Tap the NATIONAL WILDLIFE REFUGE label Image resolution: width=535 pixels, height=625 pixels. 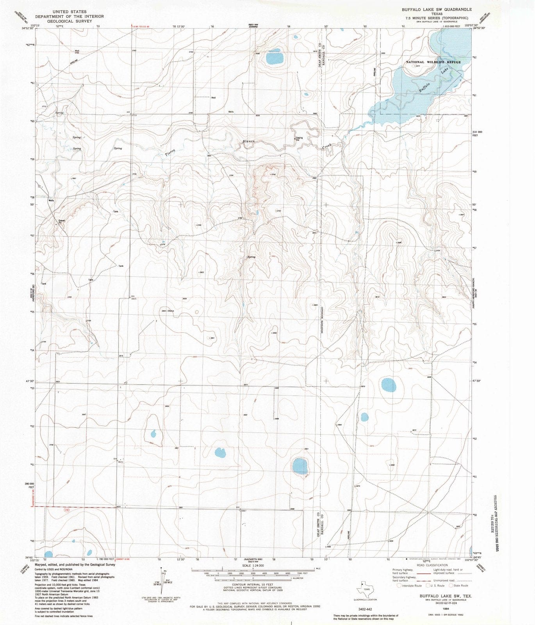[433, 62]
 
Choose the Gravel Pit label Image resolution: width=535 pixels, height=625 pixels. [62, 221]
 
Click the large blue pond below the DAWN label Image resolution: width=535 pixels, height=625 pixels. [275, 59]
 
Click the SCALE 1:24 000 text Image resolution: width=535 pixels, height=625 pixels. [253, 565]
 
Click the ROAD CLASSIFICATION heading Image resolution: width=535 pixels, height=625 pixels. [432, 565]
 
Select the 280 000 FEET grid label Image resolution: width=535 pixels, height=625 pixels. [29, 485]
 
